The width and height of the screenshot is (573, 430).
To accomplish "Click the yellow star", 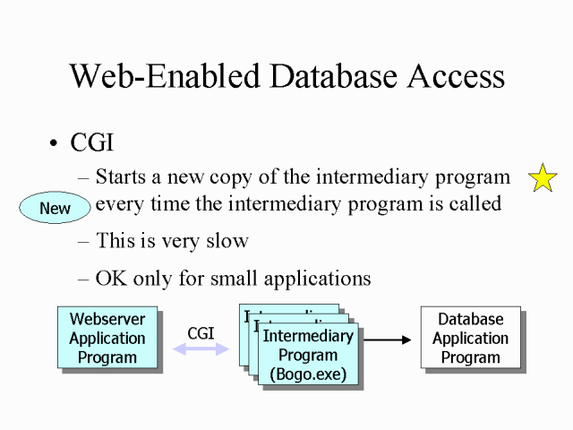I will [543, 178].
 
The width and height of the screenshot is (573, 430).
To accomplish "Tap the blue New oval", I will [56, 208].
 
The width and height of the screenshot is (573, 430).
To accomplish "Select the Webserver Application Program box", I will [107, 338].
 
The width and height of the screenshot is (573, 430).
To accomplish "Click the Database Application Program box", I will [470, 338].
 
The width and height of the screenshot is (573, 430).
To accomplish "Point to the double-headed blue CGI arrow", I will [201, 350].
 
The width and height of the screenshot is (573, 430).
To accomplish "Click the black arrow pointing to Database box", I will [387, 340].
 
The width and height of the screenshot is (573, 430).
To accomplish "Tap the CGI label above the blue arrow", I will [201, 333].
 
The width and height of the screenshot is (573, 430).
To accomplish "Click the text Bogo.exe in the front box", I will [308, 374].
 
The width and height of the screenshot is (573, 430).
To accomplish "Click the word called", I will [474, 204].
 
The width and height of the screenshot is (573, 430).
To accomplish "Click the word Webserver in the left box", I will [107, 319].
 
